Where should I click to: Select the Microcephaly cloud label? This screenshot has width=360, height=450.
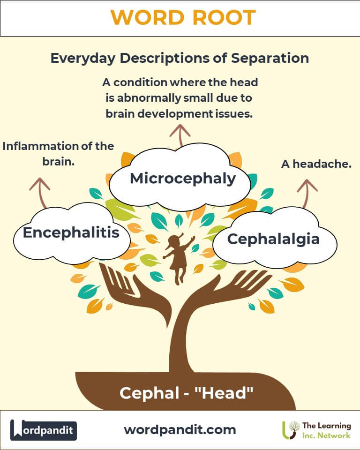[183, 179]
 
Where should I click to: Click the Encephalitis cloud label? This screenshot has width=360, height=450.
[71, 232]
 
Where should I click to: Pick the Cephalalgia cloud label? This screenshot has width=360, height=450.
[273, 239]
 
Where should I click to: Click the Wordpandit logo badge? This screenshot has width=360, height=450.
[44, 430]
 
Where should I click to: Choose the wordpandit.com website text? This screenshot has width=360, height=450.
[180, 430]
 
